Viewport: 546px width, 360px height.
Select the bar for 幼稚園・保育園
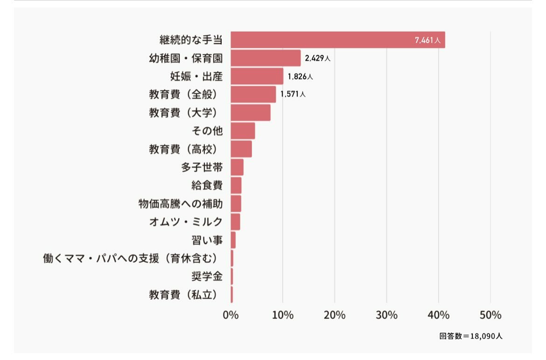(x=266, y=58)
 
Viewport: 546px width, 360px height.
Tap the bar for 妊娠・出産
(x=257, y=76)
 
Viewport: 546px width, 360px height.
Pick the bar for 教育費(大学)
(x=251, y=112)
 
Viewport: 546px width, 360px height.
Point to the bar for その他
(x=243, y=131)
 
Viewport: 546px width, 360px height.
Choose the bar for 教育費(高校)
(x=241, y=149)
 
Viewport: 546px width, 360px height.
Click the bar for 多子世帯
(x=237, y=167)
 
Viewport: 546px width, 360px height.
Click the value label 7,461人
(x=427, y=41)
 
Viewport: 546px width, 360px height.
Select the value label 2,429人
(x=318, y=58)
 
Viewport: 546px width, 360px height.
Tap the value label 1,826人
(x=300, y=76)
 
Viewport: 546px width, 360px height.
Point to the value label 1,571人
(x=293, y=94)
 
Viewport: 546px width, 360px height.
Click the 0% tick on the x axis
(x=231, y=315)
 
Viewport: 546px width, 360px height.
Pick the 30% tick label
(x=386, y=315)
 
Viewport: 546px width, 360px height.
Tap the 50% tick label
(x=490, y=315)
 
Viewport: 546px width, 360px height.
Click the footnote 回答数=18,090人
(x=470, y=336)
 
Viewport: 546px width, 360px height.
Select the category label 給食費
(x=207, y=186)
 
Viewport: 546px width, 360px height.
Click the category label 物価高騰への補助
(x=181, y=204)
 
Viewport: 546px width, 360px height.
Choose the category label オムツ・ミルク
(x=186, y=222)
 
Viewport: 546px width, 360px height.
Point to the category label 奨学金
(x=207, y=277)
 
